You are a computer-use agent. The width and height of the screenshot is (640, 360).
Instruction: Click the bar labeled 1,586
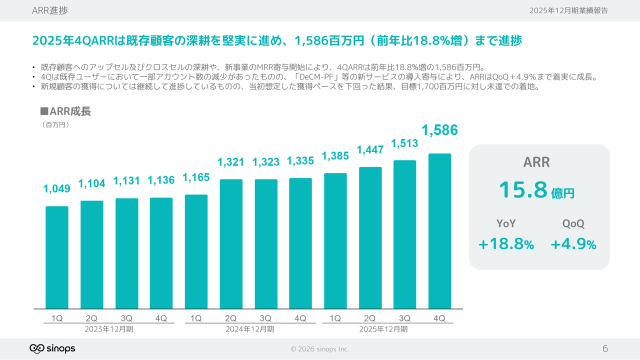(x=439, y=231)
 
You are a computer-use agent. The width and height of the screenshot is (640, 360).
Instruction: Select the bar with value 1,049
(x=57, y=257)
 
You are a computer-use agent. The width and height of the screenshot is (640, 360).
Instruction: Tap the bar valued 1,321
(x=231, y=244)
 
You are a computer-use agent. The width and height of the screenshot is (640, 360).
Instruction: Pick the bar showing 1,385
(x=335, y=241)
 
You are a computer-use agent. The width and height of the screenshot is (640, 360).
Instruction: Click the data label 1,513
(x=404, y=144)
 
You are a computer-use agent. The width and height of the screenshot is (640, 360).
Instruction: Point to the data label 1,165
(x=196, y=177)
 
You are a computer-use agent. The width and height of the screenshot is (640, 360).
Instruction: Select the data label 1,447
(x=370, y=149)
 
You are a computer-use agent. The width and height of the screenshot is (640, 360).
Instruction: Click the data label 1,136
(x=161, y=180)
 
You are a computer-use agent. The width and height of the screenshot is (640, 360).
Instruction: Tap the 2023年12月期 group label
(x=109, y=329)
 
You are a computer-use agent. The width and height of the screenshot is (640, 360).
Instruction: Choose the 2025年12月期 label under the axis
(x=383, y=329)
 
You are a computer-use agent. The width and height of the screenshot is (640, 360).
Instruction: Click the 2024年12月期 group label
(x=250, y=329)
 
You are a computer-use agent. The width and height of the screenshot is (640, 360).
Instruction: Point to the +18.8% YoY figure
(x=506, y=244)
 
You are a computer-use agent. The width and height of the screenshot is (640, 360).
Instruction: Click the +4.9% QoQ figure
(x=573, y=244)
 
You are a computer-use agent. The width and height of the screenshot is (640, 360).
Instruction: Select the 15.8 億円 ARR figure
(x=536, y=190)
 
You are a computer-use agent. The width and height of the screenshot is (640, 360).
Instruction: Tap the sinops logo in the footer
(x=52, y=348)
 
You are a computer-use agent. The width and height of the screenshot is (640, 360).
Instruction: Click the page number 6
(x=605, y=348)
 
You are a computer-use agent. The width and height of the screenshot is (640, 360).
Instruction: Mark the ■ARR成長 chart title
(x=65, y=111)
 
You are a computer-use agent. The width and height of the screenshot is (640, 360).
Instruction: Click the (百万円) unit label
(x=56, y=125)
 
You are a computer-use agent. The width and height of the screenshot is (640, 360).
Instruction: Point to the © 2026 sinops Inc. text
(x=320, y=349)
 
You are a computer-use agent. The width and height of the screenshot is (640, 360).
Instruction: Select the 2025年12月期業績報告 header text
(x=568, y=10)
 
